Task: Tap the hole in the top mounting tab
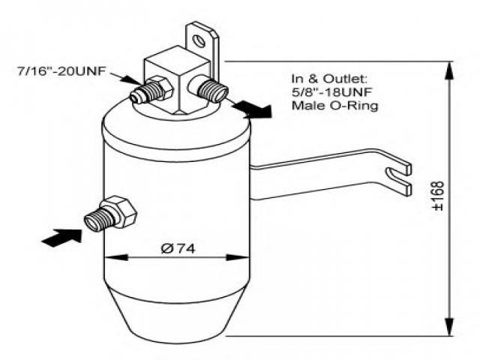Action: click(199, 36)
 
